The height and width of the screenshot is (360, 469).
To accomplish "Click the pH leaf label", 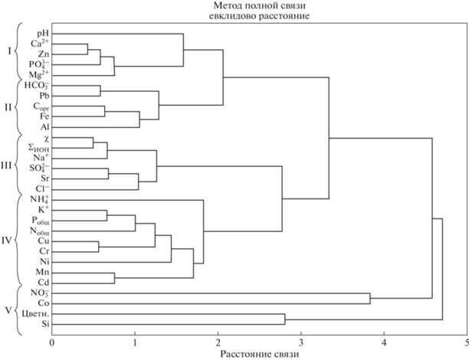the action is [43, 34].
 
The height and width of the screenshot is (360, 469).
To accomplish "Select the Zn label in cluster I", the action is [44, 54].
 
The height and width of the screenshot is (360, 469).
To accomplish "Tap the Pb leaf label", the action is [44, 96].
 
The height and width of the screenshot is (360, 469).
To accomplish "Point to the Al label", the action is [45, 127].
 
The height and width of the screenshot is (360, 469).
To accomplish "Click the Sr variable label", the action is [44, 178].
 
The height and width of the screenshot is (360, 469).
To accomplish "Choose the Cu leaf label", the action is [44, 241].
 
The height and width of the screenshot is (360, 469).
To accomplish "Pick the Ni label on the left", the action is [44, 262].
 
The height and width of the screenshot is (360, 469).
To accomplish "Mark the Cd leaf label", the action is [44, 283].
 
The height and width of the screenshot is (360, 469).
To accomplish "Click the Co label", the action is [44, 303].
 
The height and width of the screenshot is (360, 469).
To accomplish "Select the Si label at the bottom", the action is [46, 324].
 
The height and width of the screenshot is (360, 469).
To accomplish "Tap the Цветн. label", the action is [36, 314].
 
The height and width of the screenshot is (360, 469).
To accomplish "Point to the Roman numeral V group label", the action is [9, 311].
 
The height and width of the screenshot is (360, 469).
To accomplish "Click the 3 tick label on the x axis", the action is [301, 342].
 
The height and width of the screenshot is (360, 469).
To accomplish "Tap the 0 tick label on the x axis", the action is [52, 342].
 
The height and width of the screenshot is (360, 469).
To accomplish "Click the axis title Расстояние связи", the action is [260, 355].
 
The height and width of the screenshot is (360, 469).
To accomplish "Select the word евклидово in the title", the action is [231, 16].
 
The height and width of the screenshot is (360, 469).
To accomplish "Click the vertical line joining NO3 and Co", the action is [370, 299].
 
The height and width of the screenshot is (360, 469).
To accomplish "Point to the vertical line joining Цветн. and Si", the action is [285, 319].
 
